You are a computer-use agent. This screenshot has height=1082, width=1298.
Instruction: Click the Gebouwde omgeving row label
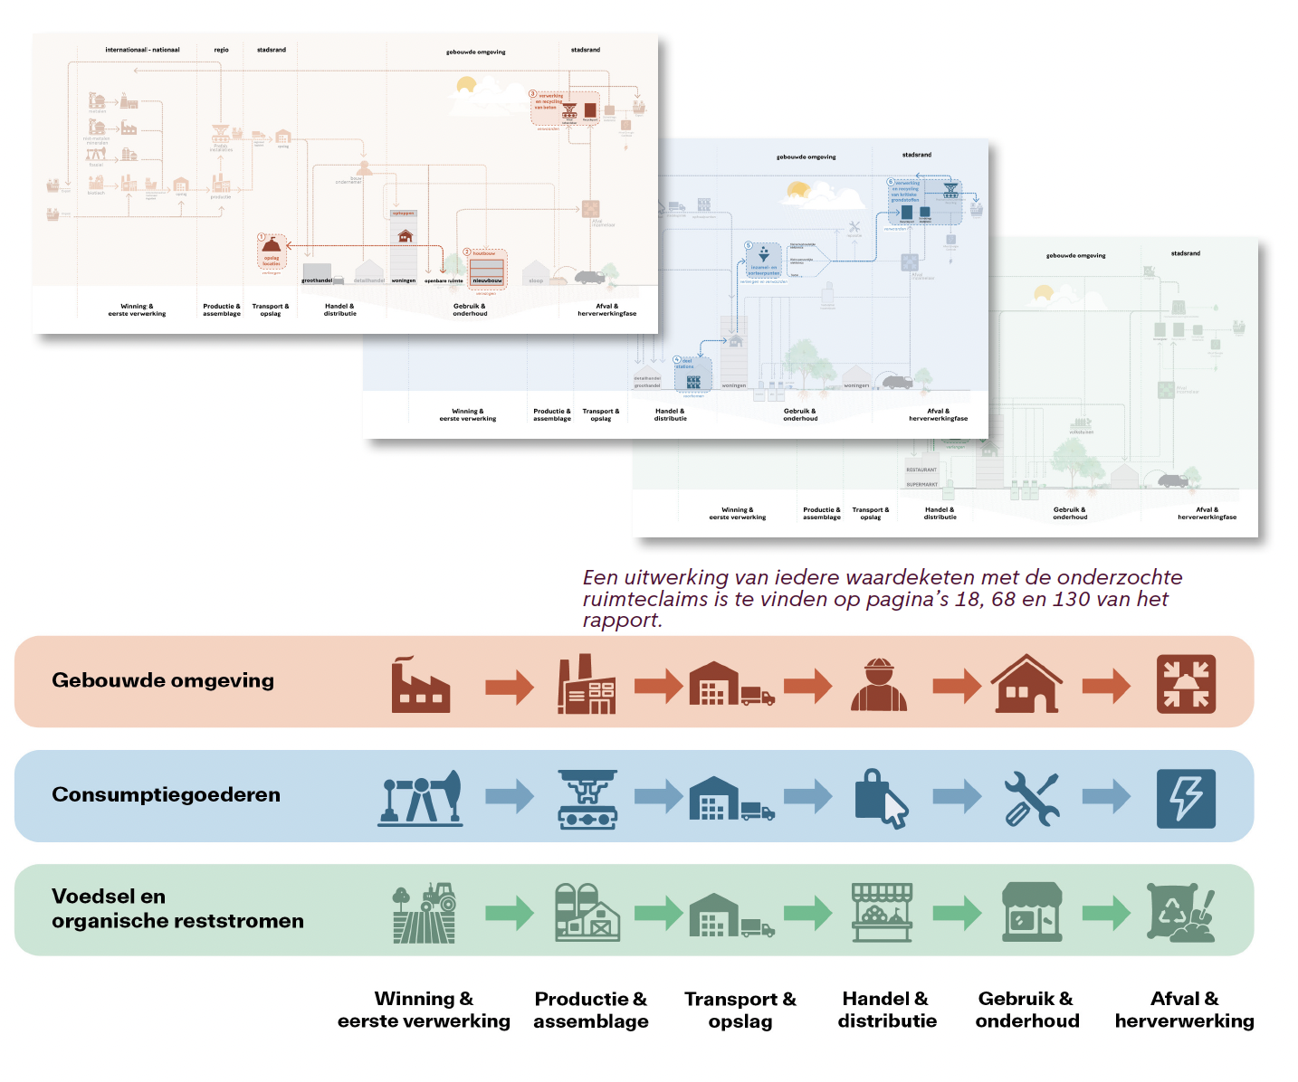[163, 680]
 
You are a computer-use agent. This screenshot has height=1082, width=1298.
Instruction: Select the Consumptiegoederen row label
[166, 794]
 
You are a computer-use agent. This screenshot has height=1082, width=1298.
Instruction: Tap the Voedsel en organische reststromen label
[177, 908]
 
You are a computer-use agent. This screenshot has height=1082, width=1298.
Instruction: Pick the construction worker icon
[879, 684]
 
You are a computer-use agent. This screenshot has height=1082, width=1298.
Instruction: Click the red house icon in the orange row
[1026, 684]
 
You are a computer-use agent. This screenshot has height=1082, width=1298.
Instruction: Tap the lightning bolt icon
[1186, 799]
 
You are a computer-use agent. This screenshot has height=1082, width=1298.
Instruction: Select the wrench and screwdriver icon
[1032, 799]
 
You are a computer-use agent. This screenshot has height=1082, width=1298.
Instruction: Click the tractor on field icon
[425, 913]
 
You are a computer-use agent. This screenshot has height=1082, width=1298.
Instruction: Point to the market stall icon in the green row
[882, 913]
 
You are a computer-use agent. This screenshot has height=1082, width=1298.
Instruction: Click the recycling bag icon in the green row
[1180, 913]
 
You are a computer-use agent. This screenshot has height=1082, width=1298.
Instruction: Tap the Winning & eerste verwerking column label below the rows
[424, 1010]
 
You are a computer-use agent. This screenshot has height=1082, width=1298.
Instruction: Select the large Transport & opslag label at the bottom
[740, 1010]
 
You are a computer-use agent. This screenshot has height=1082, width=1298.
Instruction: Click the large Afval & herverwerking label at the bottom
[1184, 1010]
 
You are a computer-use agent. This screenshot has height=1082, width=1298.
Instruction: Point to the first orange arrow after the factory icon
[510, 687]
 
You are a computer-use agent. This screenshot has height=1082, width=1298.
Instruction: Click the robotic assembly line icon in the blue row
[587, 799]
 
